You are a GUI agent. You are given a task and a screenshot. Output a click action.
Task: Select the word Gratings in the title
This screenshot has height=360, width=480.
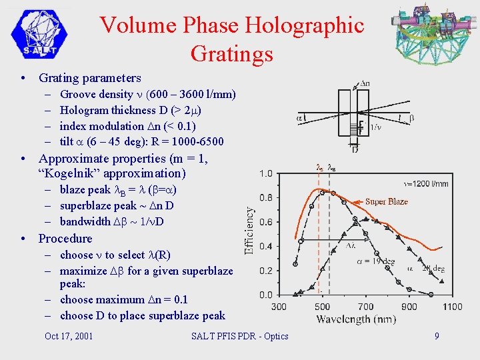pyautogui.click(x=231, y=53)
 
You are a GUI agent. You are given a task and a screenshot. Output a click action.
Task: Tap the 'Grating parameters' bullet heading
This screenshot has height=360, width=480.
pyautogui.click(x=90, y=78)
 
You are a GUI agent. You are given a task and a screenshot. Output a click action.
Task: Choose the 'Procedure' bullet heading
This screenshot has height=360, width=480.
pyautogui.click(x=65, y=239)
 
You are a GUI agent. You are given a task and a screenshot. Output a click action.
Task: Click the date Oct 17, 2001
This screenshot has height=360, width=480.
pyautogui.click(x=69, y=336)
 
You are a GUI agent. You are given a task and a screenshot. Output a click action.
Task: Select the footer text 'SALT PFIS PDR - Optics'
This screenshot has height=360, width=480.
pyautogui.click(x=239, y=336)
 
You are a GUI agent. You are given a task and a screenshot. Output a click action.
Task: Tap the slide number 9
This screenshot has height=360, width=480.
pyautogui.click(x=437, y=336)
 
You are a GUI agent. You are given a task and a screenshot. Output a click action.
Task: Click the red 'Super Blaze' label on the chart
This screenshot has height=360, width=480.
pyautogui.click(x=386, y=201)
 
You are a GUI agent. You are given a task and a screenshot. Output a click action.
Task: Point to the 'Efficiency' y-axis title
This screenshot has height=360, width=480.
pyautogui.click(x=249, y=231)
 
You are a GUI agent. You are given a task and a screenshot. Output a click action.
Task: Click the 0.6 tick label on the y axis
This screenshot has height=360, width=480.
pyautogui.click(x=265, y=222)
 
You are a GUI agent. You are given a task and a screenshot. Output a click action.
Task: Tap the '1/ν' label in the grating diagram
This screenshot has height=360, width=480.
pyautogui.click(x=375, y=127)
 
